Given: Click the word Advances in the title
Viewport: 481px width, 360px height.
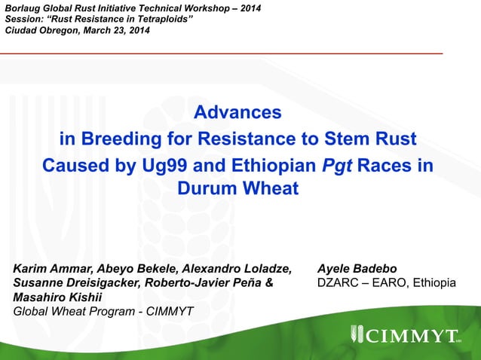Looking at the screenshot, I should tap(237, 113).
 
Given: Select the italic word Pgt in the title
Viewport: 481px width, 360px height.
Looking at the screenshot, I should tap(338, 165).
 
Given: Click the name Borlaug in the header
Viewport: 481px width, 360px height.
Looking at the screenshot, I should tap(24, 7).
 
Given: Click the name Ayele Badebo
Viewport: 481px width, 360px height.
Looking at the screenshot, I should tap(357, 269).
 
